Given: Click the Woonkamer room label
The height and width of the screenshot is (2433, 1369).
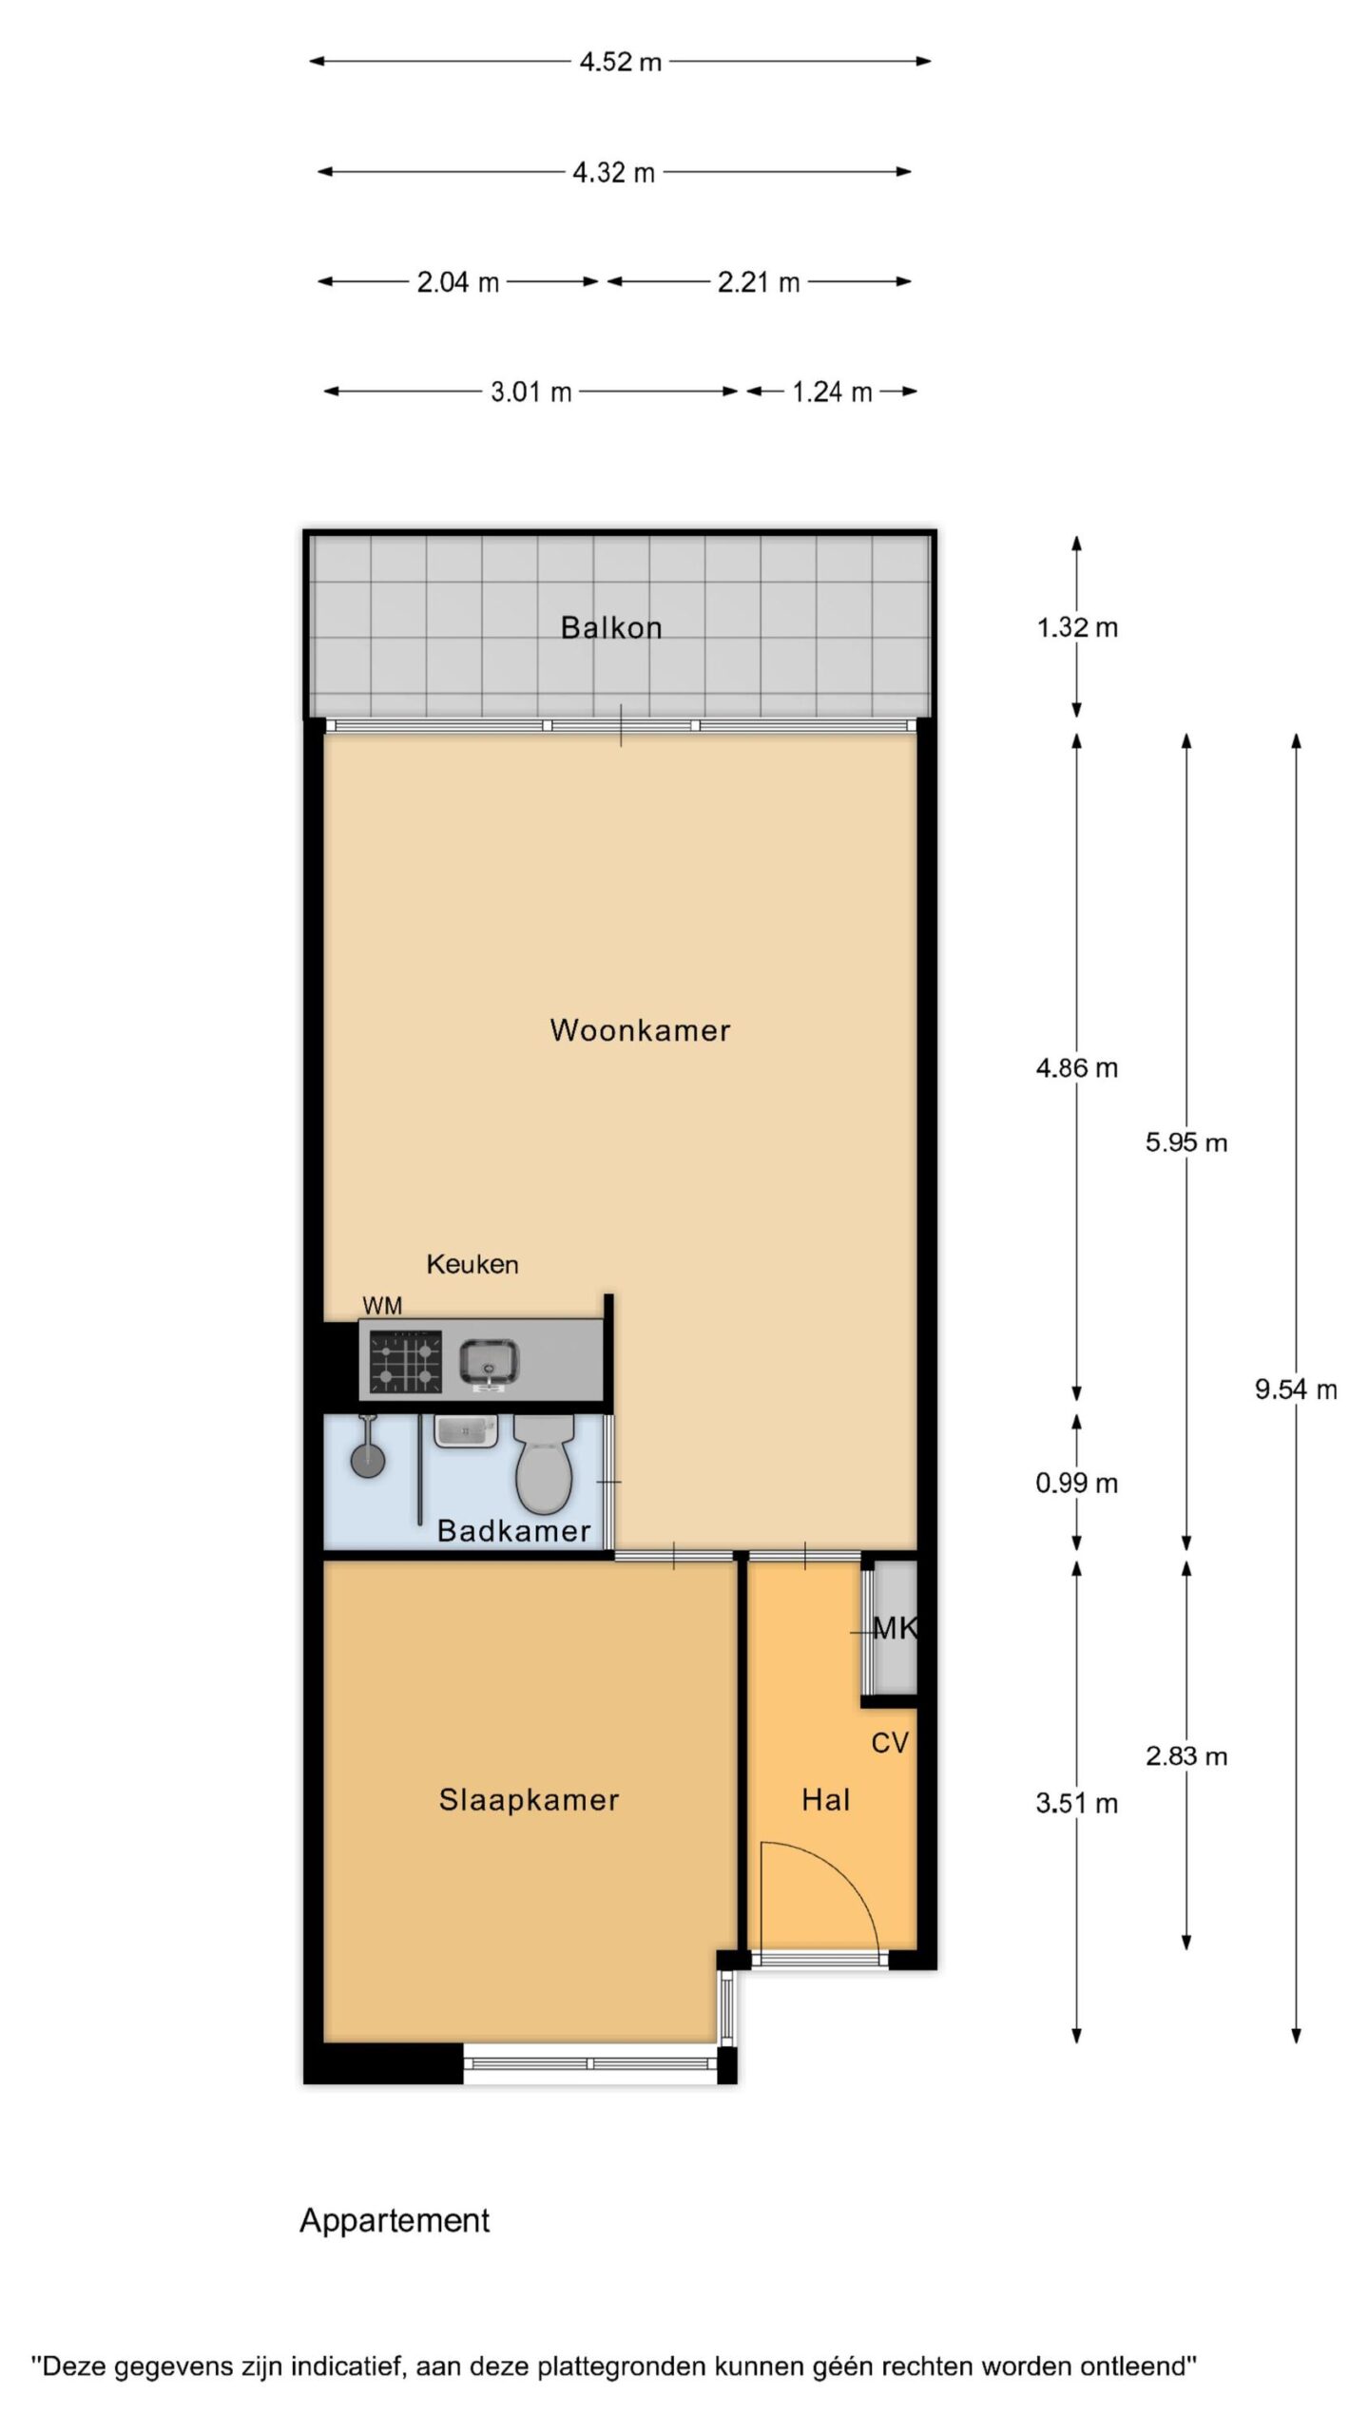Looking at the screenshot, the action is click(x=640, y=1030).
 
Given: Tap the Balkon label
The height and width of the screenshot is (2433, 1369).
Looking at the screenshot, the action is click(x=611, y=627).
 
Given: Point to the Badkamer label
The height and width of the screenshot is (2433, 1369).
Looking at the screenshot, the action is click(x=513, y=1530).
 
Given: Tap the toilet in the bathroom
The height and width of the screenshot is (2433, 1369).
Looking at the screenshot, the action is click(x=544, y=1464).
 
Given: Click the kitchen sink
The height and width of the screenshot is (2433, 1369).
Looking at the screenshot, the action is click(x=489, y=1365).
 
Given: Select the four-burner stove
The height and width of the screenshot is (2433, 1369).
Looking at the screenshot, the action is click(x=406, y=1362).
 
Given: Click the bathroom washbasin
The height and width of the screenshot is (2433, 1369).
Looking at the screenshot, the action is click(x=466, y=1429).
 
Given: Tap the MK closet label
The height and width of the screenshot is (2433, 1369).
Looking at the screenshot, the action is click(x=895, y=1629).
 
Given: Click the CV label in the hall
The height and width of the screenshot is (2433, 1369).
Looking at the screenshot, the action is click(x=890, y=1743).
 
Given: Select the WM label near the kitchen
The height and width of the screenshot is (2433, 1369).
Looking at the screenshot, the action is click(x=382, y=1306).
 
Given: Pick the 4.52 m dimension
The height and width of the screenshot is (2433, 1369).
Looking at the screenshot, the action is click(x=620, y=62).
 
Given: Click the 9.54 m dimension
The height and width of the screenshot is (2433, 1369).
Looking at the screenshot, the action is click(x=1296, y=1389).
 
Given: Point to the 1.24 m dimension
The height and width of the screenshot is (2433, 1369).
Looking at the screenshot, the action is click(x=832, y=392).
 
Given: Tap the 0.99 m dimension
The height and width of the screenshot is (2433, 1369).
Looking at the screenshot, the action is click(x=1077, y=1483).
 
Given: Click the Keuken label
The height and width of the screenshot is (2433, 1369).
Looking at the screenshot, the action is click(x=472, y=1264).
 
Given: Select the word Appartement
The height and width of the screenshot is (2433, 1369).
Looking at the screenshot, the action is click(x=395, y=2221).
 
